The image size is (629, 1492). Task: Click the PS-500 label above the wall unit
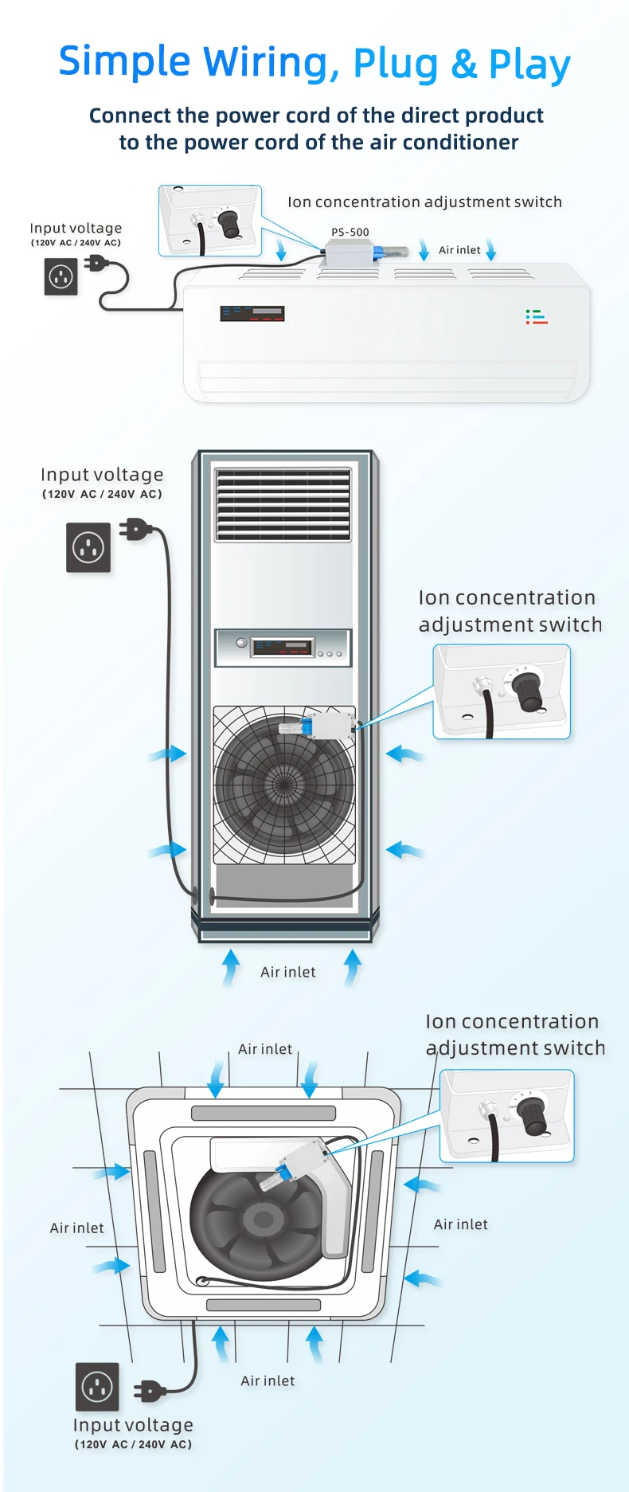(350, 233)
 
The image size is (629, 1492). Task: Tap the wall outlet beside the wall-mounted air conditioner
(61, 277)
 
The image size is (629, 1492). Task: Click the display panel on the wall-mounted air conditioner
(252, 313)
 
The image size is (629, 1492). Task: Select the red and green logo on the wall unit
(536, 317)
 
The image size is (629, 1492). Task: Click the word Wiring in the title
(265, 62)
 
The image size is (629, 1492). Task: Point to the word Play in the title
(529, 65)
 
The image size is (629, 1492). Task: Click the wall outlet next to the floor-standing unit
(88, 547)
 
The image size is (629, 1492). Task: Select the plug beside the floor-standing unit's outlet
(135, 529)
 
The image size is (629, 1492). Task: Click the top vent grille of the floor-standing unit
(283, 505)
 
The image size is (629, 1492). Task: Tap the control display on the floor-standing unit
(282, 647)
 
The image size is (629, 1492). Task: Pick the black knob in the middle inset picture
(528, 692)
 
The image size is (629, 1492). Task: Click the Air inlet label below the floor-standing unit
(287, 973)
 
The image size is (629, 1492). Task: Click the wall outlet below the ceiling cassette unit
(97, 1387)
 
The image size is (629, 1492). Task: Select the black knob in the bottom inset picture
(533, 1115)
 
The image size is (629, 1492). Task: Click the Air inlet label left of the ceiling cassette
(76, 1228)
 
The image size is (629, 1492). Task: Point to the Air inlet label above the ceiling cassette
(265, 1049)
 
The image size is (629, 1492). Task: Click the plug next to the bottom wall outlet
(150, 1392)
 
